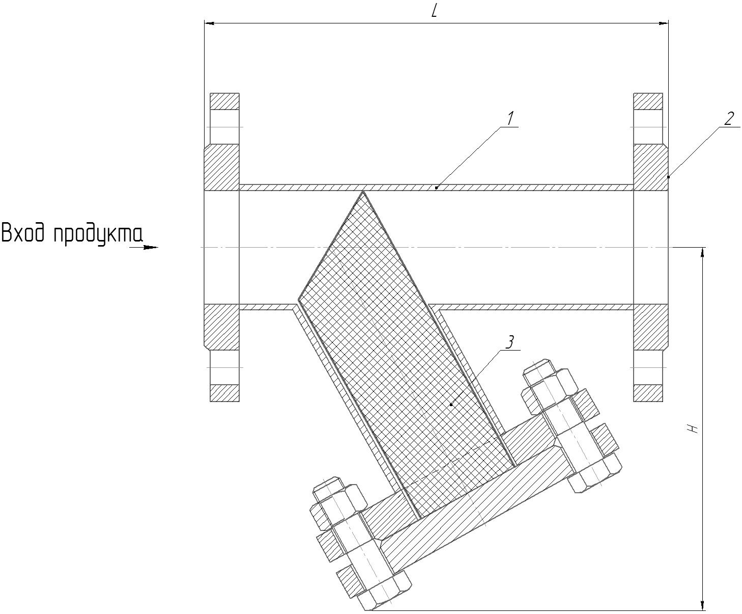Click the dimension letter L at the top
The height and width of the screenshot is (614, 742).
tap(434, 12)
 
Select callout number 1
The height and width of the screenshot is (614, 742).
tap(510, 118)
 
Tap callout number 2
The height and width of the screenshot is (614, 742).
tap(729, 118)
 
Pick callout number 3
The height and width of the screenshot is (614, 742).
tap(510, 342)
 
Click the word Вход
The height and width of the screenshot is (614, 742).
tap(24, 233)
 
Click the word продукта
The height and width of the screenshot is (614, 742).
tap(98, 235)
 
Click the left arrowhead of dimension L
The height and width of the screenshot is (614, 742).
tap(210, 23)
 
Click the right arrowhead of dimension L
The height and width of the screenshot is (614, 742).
tap(663, 23)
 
